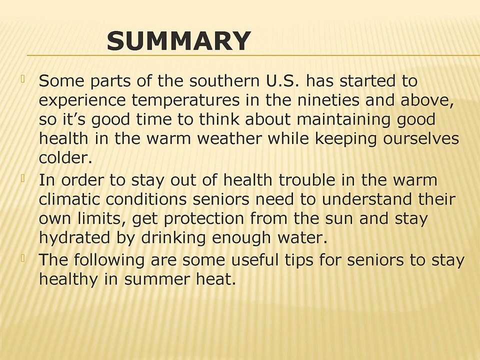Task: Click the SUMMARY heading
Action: (x=178, y=41)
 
